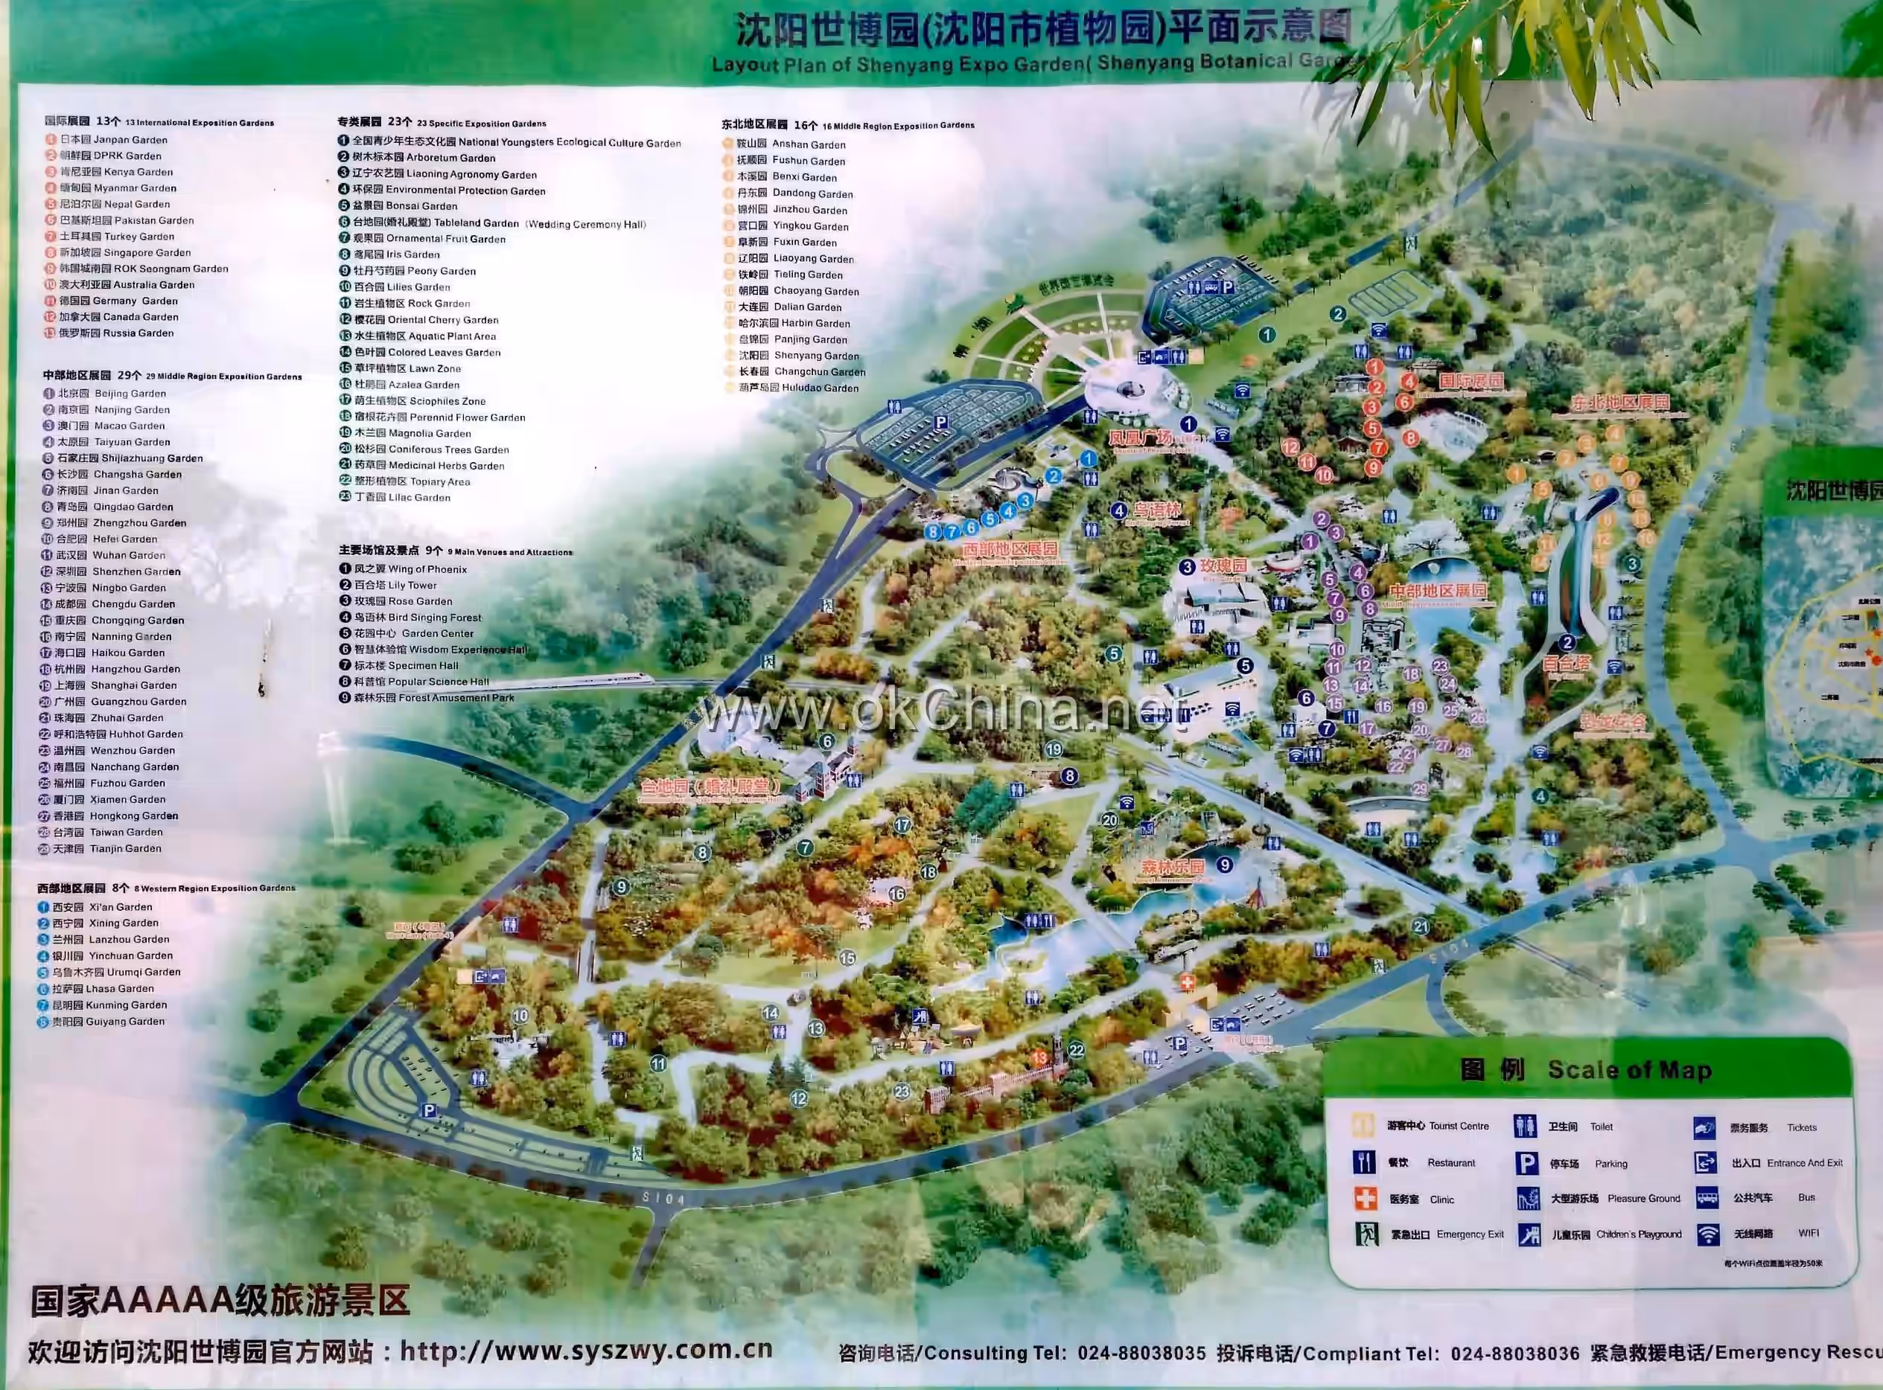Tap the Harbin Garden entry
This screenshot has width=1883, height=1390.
pyautogui.click(x=794, y=323)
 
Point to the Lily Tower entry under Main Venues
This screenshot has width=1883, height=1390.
pyautogui.click(x=388, y=585)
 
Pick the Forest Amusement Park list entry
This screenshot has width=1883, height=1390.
pyautogui.click(x=427, y=697)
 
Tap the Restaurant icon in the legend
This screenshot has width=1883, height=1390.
pyautogui.click(x=1363, y=1163)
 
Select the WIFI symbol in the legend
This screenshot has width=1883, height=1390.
pyautogui.click(x=1707, y=1234)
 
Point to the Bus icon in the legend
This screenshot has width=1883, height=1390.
pyautogui.click(x=1707, y=1197)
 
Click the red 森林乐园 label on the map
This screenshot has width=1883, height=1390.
pyautogui.click(x=1173, y=867)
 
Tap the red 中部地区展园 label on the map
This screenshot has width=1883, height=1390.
pyautogui.click(x=1437, y=591)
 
